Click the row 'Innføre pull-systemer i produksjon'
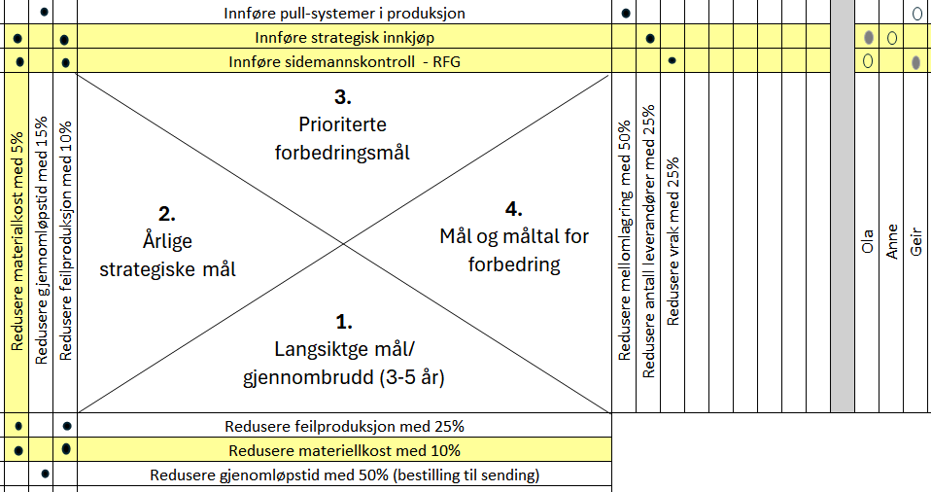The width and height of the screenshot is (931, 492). (344, 14)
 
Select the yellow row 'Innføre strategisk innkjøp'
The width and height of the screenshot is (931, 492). (344, 38)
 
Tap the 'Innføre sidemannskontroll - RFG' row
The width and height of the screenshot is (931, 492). (344, 62)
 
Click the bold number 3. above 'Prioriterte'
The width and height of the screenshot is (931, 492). (342, 97)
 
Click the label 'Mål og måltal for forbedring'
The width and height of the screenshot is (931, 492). (514, 250)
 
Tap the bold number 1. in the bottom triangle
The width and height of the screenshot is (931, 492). (344, 322)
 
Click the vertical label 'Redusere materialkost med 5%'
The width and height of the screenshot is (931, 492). (17, 244)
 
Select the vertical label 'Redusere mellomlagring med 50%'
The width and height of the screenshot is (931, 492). (625, 240)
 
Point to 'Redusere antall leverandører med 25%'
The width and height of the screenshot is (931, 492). (649, 240)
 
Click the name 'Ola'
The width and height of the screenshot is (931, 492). (868, 239)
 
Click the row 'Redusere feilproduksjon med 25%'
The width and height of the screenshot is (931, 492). (344, 426)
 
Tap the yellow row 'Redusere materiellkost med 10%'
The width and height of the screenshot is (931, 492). (344, 450)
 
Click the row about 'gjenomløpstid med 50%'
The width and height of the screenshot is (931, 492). (344, 475)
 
